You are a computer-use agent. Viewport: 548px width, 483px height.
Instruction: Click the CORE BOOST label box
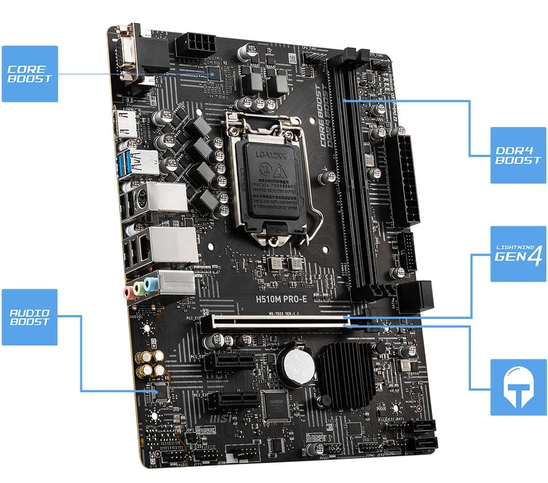[x=30, y=74]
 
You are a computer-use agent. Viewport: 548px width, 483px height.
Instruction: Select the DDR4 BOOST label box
[x=518, y=155]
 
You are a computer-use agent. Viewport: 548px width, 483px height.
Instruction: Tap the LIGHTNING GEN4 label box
[x=518, y=254]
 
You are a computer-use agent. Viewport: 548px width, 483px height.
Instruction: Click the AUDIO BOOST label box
[x=30, y=317]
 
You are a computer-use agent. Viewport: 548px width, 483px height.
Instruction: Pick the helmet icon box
[x=518, y=387]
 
